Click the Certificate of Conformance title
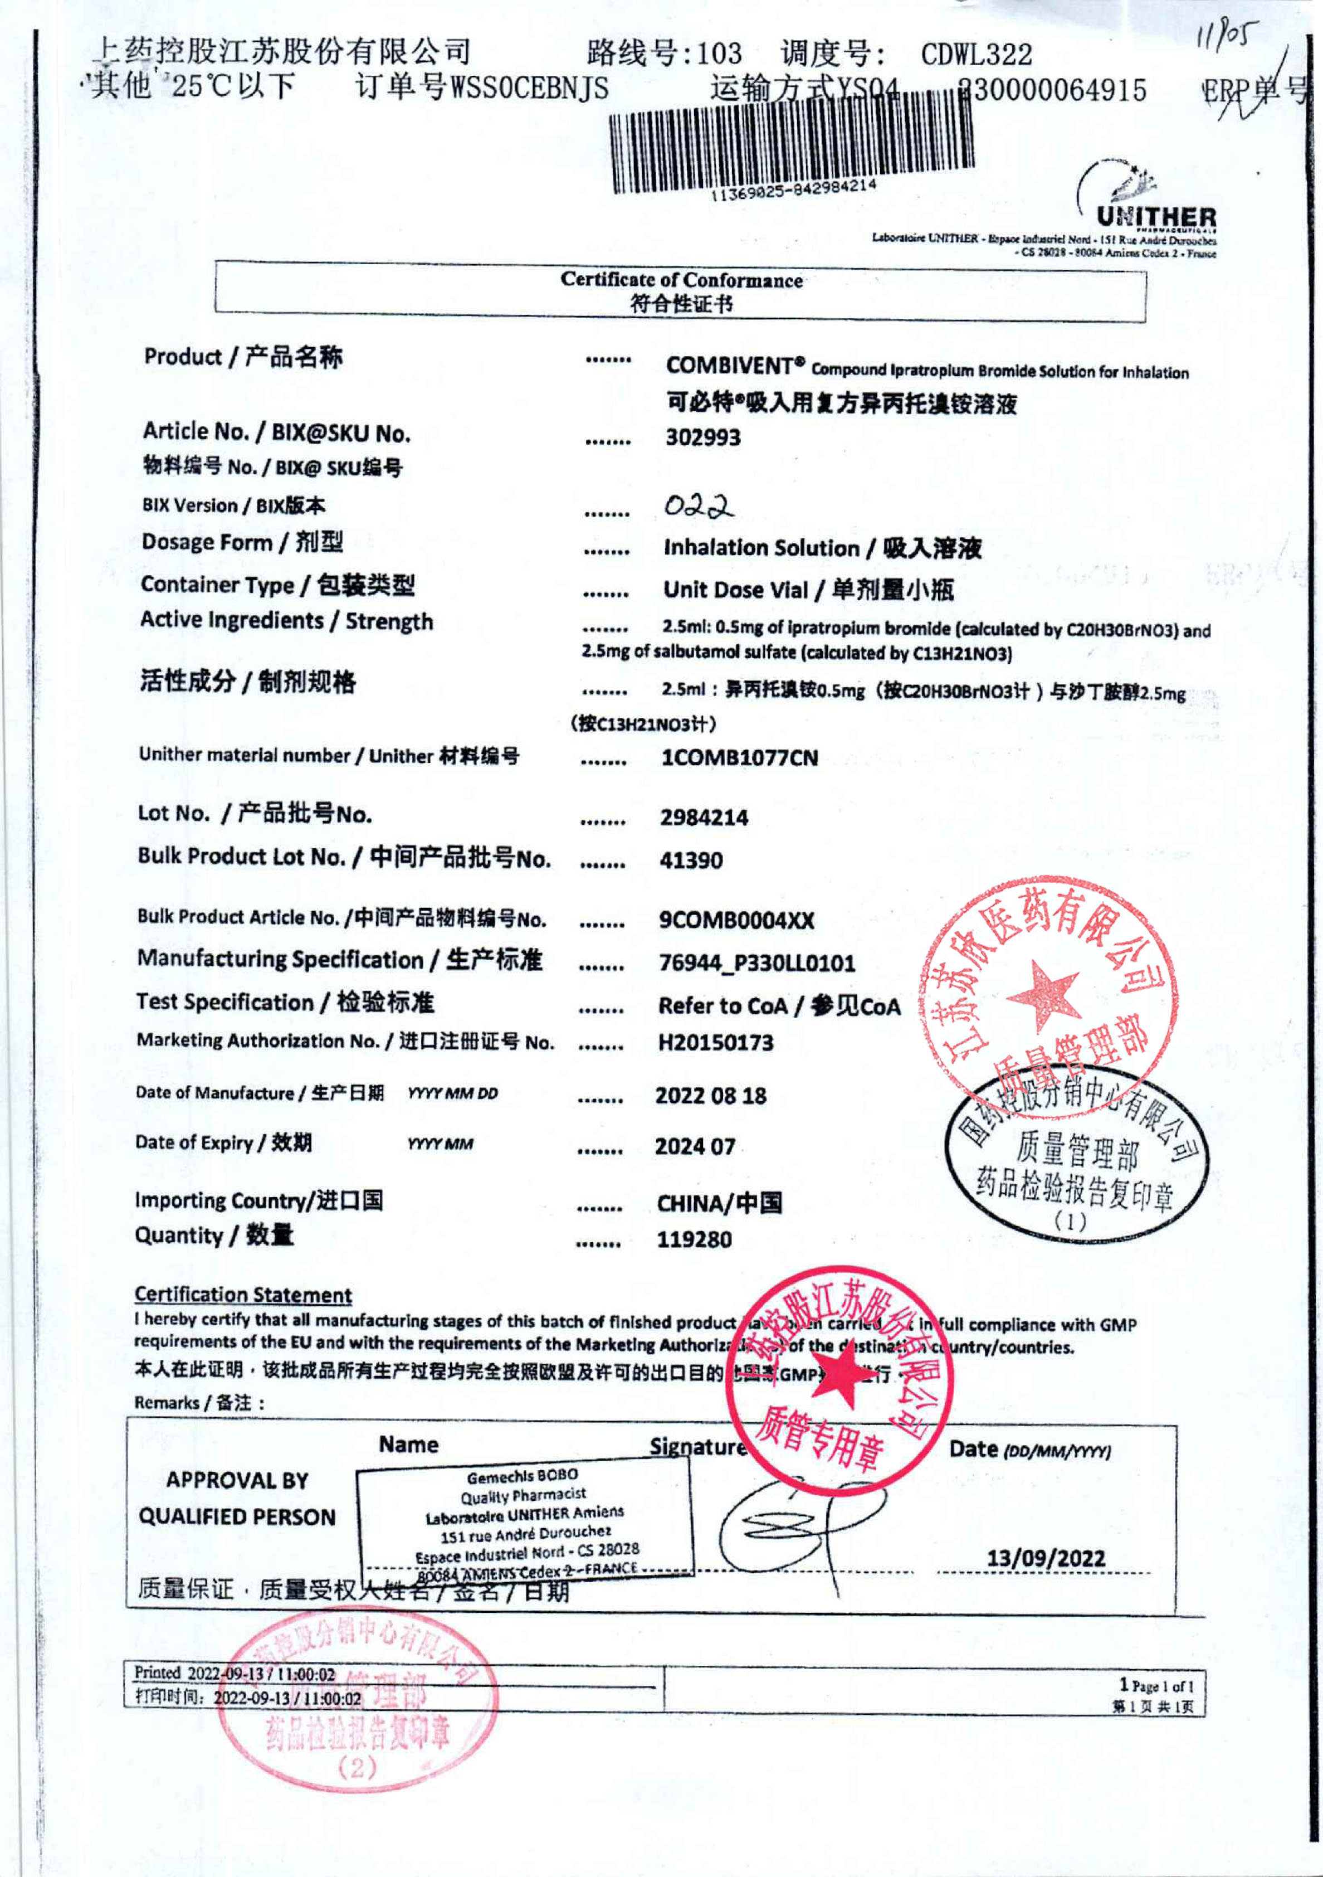point(681,280)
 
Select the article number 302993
point(703,437)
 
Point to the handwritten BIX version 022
point(698,507)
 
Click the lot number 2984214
point(704,818)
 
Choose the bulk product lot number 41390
point(691,860)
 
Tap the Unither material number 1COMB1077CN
point(739,758)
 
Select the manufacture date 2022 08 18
point(710,1096)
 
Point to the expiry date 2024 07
point(695,1147)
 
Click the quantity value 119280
point(694,1240)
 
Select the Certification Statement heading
point(243,1295)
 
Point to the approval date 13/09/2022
point(1045,1558)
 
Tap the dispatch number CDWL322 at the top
point(976,55)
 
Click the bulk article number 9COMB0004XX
point(736,921)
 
